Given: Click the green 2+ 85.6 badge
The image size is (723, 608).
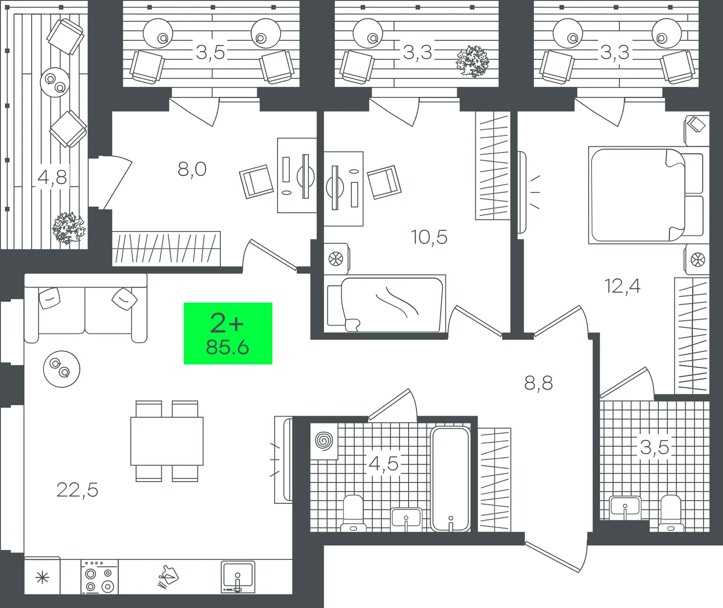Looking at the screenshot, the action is [x=228, y=333].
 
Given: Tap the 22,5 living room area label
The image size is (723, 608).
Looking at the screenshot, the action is [x=78, y=490].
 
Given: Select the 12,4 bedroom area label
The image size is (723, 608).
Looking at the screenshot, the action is [x=622, y=286].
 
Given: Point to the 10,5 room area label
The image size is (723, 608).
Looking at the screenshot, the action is [x=429, y=237].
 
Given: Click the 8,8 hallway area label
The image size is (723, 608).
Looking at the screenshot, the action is [x=539, y=383].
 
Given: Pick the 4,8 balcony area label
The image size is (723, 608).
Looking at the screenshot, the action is [x=52, y=177].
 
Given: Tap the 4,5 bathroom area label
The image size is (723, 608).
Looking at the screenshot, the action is [x=383, y=463].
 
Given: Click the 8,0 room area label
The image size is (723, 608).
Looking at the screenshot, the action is [x=192, y=169].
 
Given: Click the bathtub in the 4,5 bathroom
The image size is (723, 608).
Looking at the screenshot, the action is [x=451, y=479].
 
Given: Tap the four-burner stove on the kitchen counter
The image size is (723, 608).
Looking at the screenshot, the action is [x=100, y=576].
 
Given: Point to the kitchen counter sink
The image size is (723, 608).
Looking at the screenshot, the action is [x=238, y=577].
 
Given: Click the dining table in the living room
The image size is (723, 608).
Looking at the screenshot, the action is [x=167, y=441].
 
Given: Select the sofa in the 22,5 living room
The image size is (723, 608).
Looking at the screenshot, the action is [x=86, y=308].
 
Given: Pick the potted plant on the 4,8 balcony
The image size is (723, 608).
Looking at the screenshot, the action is [x=69, y=228].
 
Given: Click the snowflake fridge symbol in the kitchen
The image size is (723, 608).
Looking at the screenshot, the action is [x=43, y=578].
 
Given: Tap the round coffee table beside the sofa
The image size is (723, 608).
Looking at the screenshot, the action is [x=62, y=369].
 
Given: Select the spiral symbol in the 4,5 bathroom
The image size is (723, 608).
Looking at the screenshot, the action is [x=324, y=441].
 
